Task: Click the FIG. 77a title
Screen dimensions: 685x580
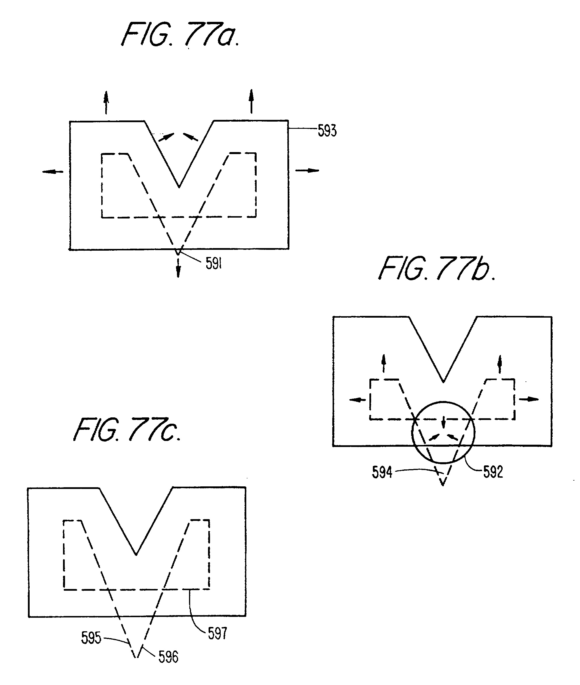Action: click(180, 34)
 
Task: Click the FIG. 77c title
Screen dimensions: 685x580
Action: click(127, 430)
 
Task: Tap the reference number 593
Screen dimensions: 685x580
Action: click(327, 131)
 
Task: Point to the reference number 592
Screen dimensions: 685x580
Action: click(493, 472)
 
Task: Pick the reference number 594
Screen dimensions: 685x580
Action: click(382, 473)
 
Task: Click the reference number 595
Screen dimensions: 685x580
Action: click(91, 638)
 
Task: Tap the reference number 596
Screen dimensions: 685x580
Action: click(168, 657)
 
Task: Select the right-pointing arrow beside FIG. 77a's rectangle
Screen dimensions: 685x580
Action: click(308, 170)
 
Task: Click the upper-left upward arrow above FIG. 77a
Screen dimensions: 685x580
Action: click(106, 103)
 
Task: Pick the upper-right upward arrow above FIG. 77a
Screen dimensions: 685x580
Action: click(251, 101)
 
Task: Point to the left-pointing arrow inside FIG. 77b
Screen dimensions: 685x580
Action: click(357, 400)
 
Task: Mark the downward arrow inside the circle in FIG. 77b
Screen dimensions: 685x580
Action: click(443, 422)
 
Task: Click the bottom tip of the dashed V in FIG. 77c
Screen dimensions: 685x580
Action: click(136, 657)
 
